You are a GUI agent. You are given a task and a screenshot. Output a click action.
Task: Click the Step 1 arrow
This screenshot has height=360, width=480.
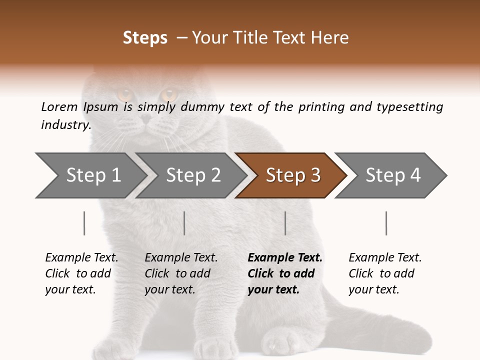pyautogui.click(x=90, y=175)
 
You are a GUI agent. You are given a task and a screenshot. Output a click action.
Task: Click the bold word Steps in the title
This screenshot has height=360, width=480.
pyautogui.click(x=145, y=38)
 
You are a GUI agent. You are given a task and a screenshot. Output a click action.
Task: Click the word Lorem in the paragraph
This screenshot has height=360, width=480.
pyautogui.click(x=59, y=107)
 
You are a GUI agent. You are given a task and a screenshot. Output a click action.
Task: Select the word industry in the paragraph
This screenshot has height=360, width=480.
pyautogui.click(x=65, y=125)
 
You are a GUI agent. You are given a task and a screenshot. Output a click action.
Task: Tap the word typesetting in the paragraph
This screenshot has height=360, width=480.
pyautogui.click(x=409, y=107)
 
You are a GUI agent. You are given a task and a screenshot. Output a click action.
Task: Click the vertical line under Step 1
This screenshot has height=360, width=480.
pyautogui.click(x=84, y=223)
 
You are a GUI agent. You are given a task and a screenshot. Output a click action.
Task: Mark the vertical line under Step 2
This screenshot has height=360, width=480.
pyautogui.click(x=184, y=223)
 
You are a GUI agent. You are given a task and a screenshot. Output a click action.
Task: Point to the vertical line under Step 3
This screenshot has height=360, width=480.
pyautogui.click(x=285, y=223)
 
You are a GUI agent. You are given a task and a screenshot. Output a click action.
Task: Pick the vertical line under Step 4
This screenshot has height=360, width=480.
pyautogui.click(x=386, y=223)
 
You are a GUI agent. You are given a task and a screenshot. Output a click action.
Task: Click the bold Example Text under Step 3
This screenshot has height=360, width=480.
pyautogui.click(x=285, y=258)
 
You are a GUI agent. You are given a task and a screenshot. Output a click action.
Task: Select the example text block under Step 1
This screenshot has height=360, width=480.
pyautogui.click(x=81, y=273)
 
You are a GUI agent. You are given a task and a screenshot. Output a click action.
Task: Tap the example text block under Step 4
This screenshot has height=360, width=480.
pyautogui.click(x=385, y=273)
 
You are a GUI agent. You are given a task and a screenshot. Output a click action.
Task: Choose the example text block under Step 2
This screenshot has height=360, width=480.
pyautogui.click(x=181, y=273)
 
